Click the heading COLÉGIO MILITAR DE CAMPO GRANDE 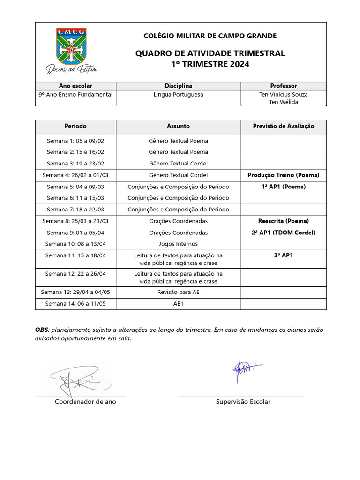pos(210,36)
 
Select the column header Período pos(75,126)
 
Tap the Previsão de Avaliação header pos(284,126)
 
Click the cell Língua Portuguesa pos(178,94)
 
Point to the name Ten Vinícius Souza pos(284,94)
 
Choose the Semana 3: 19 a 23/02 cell pos(75,164)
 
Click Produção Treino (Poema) pos(284,175)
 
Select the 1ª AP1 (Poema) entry pos(284,187)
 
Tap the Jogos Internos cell pos(178,244)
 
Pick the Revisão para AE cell pos(178,292)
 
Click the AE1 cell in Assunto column pos(178,304)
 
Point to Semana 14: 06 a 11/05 pos(75,304)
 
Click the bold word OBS pos(42,330)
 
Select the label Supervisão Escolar pos(243,402)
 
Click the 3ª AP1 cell pos(284,255)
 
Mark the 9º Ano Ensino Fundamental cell pos(75,94)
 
